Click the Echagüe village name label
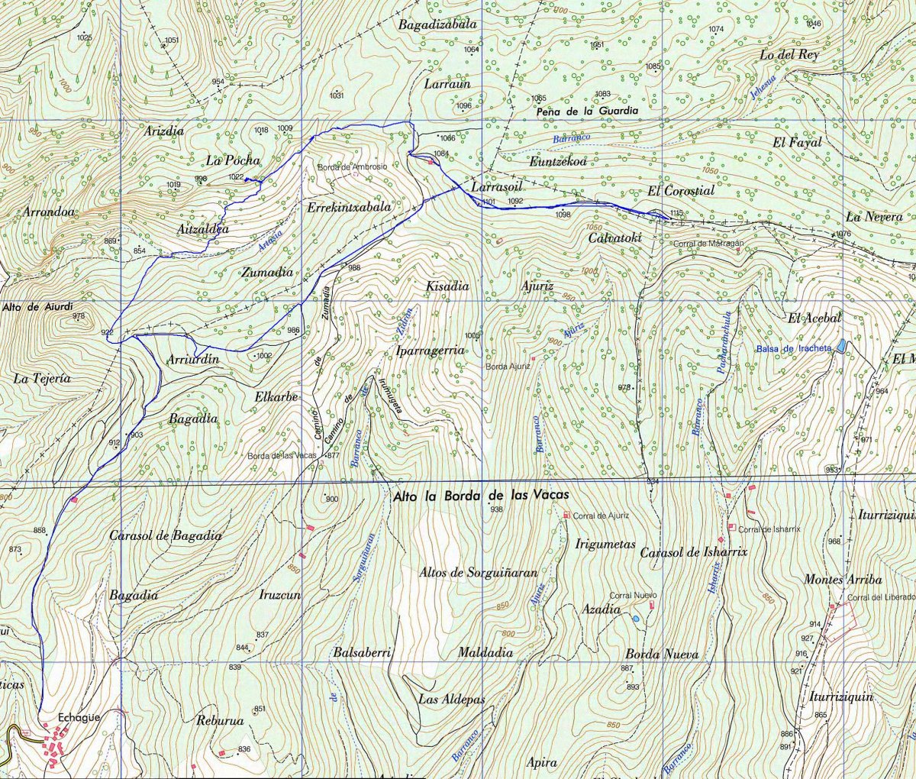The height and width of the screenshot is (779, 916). click(79, 717)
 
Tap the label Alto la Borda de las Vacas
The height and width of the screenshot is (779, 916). click(481, 496)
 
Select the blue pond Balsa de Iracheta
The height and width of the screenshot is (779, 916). click(841, 346)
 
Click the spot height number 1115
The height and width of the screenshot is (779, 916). click(674, 212)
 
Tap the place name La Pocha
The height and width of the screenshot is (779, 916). click(233, 160)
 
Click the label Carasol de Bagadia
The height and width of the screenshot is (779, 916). click(165, 536)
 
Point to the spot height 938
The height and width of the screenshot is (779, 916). click(496, 509)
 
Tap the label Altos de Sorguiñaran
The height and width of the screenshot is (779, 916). click(479, 573)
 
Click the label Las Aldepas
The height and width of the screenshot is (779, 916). click(451, 699)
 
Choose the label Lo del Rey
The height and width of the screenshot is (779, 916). click(789, 55)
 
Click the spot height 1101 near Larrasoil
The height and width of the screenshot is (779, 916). click(489, 202)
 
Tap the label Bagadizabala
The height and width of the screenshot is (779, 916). click(437, 24)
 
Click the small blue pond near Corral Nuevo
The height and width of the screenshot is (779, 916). click(636, 617)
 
